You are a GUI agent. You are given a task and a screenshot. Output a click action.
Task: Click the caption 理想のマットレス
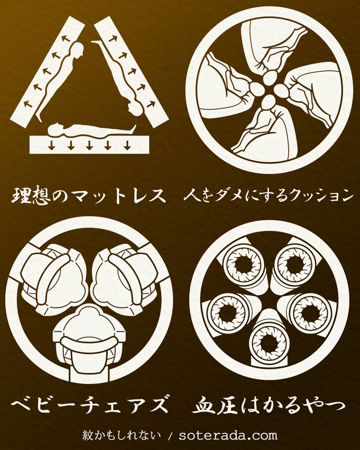(89, 196)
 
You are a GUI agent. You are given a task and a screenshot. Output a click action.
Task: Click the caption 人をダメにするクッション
(269, 196)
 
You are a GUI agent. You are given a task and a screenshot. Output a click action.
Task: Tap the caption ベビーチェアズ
(90, 404)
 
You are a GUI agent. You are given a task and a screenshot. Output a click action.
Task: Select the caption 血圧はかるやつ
(269, 405)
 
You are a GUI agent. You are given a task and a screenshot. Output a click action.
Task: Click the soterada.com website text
(228, 436)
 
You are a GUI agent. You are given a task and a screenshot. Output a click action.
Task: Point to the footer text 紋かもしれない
(122, 435)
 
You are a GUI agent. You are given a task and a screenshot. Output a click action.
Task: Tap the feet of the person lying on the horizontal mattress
(133, 128)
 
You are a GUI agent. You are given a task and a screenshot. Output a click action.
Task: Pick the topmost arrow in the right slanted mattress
(113, 38)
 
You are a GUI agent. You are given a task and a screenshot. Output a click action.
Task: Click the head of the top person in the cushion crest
(270, 78)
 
